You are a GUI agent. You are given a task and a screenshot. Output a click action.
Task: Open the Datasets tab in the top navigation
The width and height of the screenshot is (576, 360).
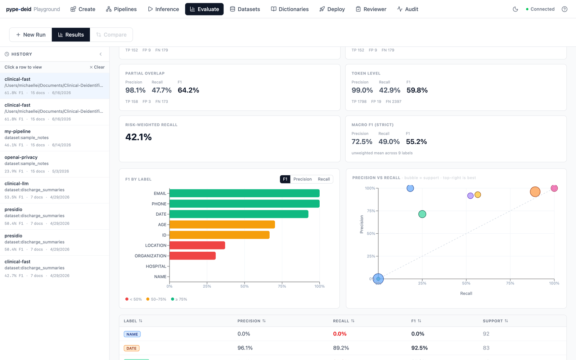[245, 9]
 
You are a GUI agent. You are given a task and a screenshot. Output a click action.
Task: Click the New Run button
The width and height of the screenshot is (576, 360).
[31, 35]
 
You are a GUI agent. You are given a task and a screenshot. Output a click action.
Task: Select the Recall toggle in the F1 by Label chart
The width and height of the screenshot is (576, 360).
[324, 179]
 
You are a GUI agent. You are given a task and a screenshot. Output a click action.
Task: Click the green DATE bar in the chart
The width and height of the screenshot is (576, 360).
[239, 214]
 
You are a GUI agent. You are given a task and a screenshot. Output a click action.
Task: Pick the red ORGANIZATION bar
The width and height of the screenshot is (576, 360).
[193, 256]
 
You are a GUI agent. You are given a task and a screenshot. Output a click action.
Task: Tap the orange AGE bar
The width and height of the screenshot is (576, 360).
[222, 225]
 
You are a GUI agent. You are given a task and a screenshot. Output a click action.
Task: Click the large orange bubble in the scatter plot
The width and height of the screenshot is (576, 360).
[535, 192]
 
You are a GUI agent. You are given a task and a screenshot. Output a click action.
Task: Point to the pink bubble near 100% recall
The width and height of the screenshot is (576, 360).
[554, 188]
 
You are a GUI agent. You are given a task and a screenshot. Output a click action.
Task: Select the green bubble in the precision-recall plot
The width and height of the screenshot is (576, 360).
[422, 214]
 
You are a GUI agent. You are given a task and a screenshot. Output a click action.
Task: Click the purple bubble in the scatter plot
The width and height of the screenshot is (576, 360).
[470, 196]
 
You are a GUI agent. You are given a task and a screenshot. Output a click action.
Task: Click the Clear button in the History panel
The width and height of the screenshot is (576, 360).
[97, 67]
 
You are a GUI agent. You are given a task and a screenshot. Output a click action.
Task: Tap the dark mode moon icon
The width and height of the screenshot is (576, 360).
[515, 9]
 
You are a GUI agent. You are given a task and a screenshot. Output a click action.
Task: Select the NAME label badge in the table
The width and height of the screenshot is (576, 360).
[132, 334]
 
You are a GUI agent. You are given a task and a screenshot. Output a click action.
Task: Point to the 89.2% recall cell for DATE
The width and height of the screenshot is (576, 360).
[341, 348]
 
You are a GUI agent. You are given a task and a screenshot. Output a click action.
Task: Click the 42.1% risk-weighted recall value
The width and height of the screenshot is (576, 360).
[138, 137]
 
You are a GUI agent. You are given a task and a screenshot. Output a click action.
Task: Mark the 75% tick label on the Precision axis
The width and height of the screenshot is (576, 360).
[371, 211]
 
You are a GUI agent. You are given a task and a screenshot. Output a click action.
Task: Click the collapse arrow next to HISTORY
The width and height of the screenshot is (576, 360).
[100, 54]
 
